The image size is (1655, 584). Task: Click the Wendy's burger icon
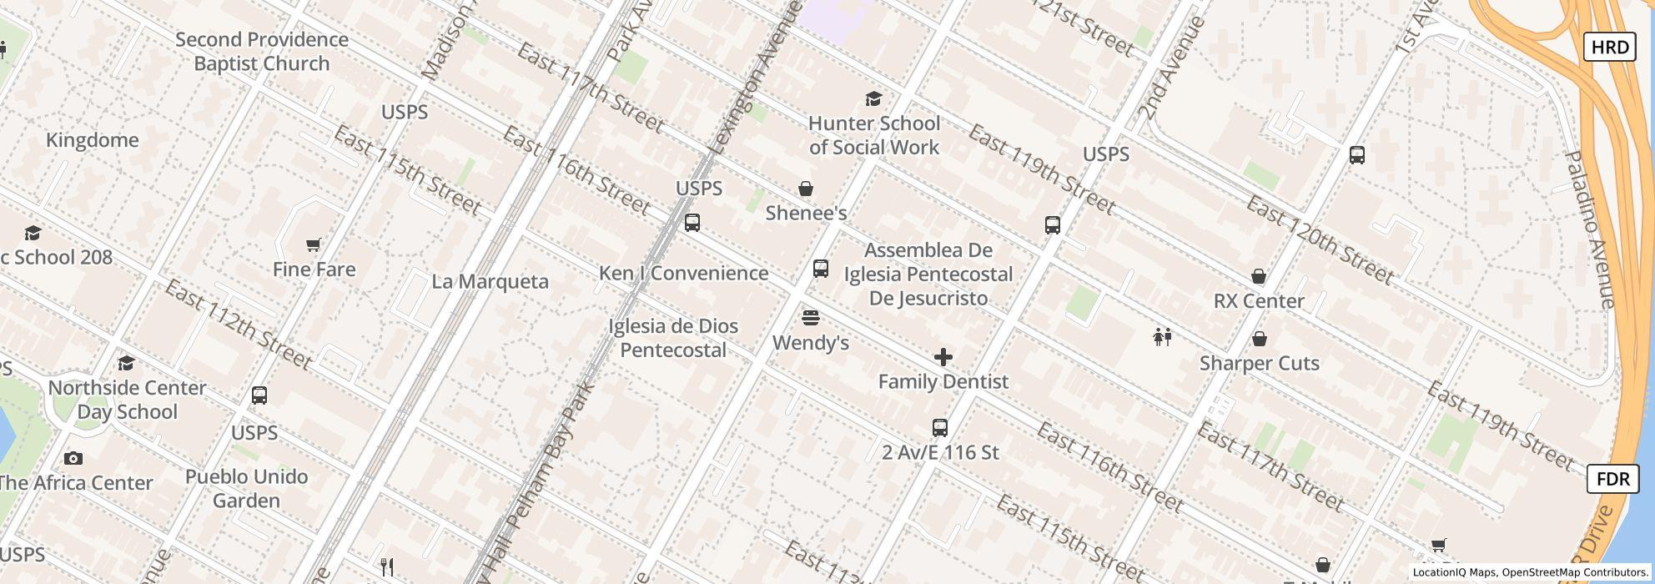(x=810, y=318)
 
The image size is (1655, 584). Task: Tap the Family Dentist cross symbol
(x=943, y=358)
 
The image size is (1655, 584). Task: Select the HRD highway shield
(x=1609, y=47)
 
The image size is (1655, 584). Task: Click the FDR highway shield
(x=1612, y=479)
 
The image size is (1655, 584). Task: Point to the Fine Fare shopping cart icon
(x=314, y=245)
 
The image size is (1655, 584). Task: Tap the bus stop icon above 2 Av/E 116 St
(x=940, y=428)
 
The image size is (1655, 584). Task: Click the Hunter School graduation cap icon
(x=873, y=99)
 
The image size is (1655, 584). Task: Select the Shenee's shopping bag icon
(x=806, y=189)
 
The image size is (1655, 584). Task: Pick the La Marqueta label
(x=490, y=282)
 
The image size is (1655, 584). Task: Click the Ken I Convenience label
(x=683, y=274)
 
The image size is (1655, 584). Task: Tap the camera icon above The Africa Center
(x=73, y=459)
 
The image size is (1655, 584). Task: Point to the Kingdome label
(x=93, y=140)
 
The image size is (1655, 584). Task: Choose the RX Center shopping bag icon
(x=1259, y=277)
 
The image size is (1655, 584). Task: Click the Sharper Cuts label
(x=1259, y=364)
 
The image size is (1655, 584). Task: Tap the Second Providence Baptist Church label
(x=262, y=52)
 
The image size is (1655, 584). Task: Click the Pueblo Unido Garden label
(x=246, y=489)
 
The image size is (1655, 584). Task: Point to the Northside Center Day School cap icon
(x=126, y=364)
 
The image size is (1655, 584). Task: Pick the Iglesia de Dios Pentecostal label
(x=673, y=338)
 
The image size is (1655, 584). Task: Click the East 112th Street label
(x=239, y=325)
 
